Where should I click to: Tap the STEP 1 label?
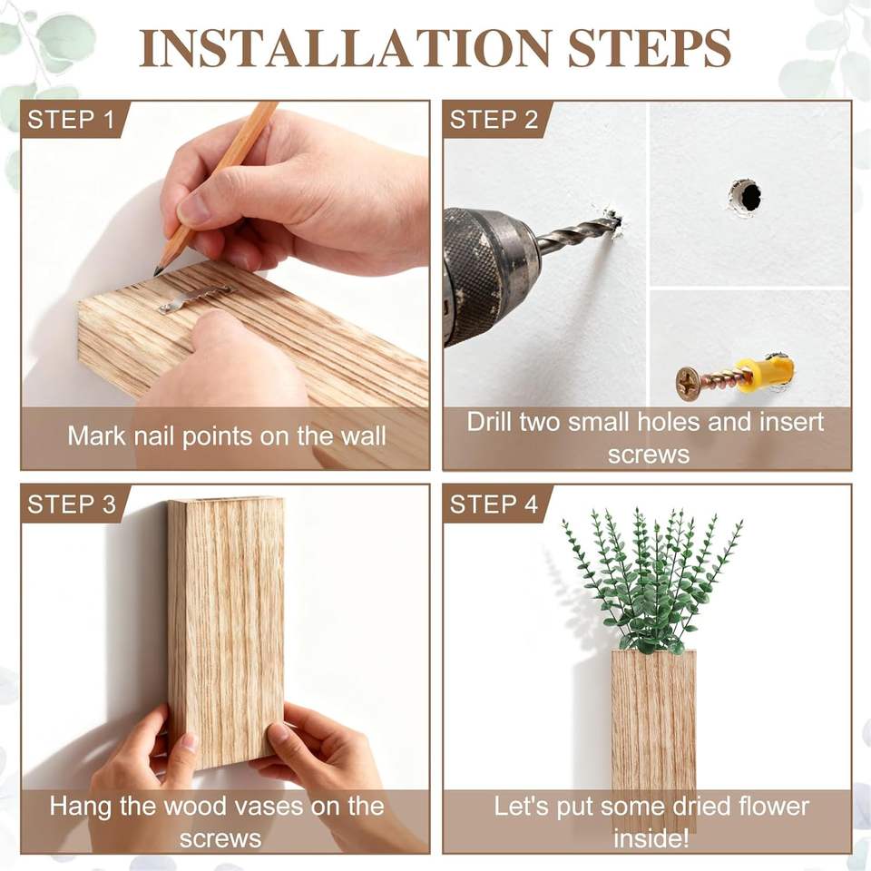point(71,120)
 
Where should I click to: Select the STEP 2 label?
point(494,120)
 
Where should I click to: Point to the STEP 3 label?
point(71,504)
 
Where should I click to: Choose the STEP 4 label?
point(494,504)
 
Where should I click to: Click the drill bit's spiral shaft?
point(578,233)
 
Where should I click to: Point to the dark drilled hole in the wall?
point(749,197)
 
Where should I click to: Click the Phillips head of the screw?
point(688,383)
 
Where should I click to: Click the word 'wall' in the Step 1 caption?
point(363,435)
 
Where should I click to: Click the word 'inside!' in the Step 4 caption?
point(651,838)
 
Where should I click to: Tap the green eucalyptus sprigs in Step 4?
point(651,581)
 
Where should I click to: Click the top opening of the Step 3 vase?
point(226,502)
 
